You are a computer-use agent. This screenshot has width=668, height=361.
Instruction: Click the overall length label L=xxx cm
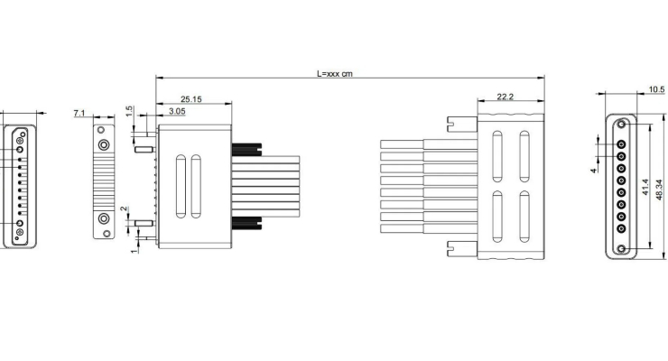334,73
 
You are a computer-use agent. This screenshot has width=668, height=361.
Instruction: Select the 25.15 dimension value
190,98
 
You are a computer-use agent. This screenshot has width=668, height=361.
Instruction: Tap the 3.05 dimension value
177,111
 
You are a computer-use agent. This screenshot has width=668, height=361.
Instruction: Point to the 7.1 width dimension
79,113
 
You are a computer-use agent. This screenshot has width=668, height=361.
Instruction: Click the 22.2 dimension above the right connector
506,97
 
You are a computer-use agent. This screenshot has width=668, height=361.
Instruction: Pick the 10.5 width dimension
656,89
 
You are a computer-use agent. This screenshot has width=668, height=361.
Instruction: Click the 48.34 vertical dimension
659,187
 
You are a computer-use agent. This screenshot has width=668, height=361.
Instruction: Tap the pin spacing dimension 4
594,169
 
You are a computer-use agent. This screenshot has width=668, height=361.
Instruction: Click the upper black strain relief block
245,149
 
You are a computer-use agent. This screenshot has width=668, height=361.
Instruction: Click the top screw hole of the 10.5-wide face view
621,125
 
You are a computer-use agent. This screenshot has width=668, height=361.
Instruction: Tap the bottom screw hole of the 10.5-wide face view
621,248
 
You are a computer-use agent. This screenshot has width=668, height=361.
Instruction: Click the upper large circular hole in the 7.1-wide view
105,144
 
